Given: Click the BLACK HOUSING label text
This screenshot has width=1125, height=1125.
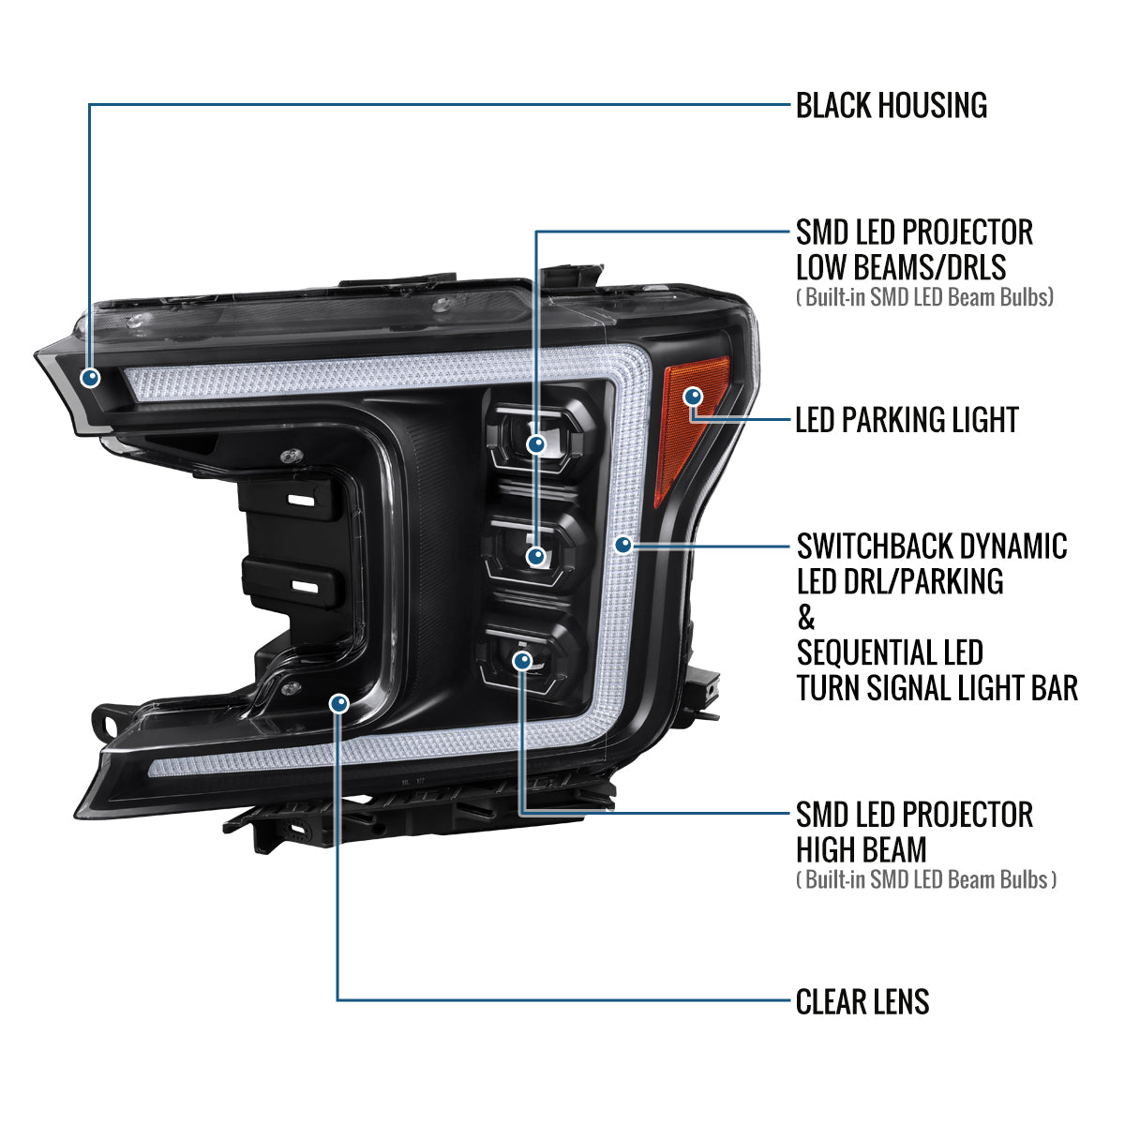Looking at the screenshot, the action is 892,105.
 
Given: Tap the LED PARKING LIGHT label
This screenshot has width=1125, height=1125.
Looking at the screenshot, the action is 907,420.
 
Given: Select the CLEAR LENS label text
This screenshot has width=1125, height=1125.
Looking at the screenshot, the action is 862,1002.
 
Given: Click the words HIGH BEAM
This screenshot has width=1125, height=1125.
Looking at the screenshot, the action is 862,849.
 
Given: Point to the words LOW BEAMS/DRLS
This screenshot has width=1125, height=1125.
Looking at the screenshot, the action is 901,267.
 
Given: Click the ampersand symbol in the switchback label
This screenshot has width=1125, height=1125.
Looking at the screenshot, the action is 805,617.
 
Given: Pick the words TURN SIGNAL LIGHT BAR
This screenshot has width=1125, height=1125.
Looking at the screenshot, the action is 937,688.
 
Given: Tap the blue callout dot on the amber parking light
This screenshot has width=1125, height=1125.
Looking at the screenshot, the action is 693,397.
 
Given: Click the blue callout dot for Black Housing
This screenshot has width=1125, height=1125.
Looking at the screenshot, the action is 90,378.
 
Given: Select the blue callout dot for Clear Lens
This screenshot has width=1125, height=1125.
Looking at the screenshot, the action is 339,703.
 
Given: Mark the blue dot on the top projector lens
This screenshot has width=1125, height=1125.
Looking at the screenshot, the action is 536,444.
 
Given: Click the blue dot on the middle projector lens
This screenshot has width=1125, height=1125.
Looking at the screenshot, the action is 536,556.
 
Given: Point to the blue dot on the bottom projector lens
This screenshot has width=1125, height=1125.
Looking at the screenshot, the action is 522,661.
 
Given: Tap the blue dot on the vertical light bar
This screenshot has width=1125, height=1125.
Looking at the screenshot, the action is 623,545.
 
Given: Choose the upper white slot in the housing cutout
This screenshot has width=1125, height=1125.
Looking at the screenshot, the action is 301,501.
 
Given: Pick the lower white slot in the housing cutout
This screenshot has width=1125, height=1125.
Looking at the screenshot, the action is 305,586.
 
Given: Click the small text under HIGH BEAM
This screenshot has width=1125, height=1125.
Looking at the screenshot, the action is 926,879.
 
